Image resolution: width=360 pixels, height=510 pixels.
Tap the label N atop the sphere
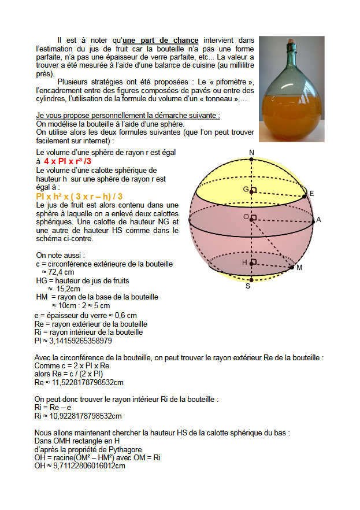(x=251, y=153)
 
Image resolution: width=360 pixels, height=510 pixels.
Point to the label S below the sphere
(x=248, y=286)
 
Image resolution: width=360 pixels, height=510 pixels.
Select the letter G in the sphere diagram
(x=246, y=190)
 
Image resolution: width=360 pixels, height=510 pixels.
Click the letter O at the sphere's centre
(x=246, y=217)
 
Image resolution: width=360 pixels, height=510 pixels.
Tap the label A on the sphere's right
(x=318, y=220)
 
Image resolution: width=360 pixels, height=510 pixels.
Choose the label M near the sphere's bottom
(x=299, y=268)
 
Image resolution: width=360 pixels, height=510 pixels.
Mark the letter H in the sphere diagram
(x=245, y=263)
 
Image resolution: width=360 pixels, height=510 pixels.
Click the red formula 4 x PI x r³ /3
(x=68, y=161)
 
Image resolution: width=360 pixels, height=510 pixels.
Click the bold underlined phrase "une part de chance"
(x=161, y=40)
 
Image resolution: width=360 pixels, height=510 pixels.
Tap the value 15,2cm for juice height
(x=68, y=289)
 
